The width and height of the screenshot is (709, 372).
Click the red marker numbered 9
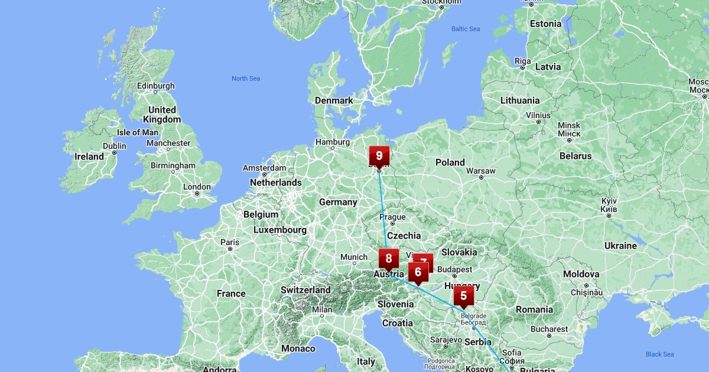(x=379, y=156)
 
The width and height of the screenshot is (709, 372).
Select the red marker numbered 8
(x=388, y=258)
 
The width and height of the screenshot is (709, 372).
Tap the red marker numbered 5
(x=463, y=295)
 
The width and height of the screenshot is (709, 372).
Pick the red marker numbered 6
(x=418, y=272)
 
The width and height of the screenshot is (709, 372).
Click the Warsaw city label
(x=480, y=171)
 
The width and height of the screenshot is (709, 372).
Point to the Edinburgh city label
(x=156, y=86)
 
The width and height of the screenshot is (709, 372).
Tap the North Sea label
(x=246, y=79)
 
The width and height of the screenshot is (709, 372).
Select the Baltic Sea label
(x=466, y=29)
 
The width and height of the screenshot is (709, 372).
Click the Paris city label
(x=230, y=242)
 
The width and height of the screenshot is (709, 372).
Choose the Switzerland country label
(x=305, y=290)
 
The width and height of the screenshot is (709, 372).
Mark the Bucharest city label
(x=549, y=329)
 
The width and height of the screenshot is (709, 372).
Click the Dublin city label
(x=115, y=146)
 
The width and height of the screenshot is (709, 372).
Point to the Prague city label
(x=393, y=217)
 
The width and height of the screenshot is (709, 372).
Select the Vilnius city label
(x=538, y=115)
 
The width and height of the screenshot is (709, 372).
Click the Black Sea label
(x=660, y=354)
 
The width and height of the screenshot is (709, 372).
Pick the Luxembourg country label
(x=280, y=230)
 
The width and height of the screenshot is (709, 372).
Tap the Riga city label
(x=523, y=61)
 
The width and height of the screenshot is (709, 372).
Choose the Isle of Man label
(x=138, y=132)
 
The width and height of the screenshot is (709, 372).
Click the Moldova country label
(x=581, y=274)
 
